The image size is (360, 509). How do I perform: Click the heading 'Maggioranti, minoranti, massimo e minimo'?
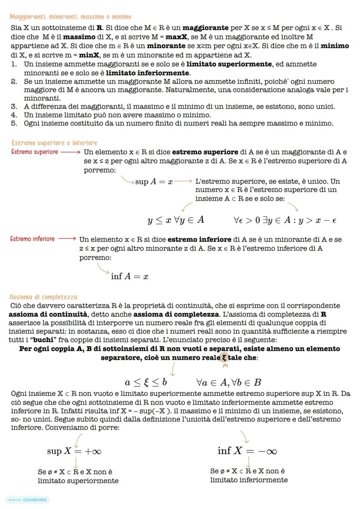pyautogui.click(x=70, y=17)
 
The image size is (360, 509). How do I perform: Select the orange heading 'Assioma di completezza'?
pyautogui.click(x=43, y=297)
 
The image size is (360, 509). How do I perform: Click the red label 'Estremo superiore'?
pyautogui.click(x=34, y=152)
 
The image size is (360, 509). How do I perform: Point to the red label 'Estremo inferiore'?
pyautogui.click(x=33, y=239)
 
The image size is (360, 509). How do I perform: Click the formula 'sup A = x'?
pyautogui.click(x=154, y=182)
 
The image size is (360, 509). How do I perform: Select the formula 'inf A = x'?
pyautogui.click(x=130, y=276)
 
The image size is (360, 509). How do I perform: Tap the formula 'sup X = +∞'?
pyautogui.click(x=74, y=451)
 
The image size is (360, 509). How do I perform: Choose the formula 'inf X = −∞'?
pyautogui.click(x=247, y=451)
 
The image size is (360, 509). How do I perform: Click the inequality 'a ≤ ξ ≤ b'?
pyautogui.click(x=146, y=383)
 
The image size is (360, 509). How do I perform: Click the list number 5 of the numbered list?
pyautogui.click(x=14, y=123)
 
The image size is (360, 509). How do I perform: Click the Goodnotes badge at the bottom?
pyautogui.click(x=28, y=499)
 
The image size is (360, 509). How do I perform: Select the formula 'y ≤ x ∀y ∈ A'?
pyautogui.click(x=176, y=220)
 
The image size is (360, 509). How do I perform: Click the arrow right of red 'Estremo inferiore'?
pyautogui.click(x=67, y=239)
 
